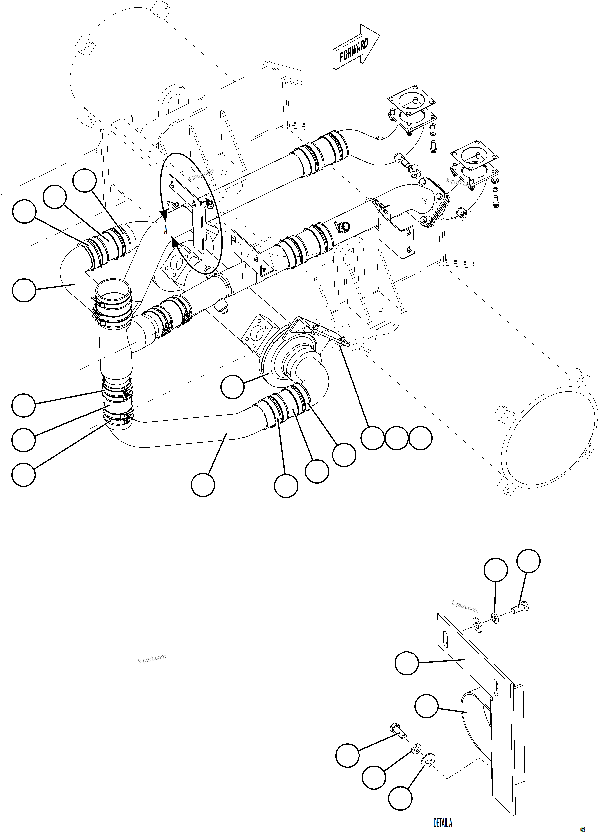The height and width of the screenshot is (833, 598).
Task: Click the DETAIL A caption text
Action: [443, 822]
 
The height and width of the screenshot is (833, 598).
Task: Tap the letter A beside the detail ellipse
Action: [166, 230]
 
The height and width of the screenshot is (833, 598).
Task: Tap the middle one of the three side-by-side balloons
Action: [397, 438]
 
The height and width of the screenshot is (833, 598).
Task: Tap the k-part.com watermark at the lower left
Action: [152, 658]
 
